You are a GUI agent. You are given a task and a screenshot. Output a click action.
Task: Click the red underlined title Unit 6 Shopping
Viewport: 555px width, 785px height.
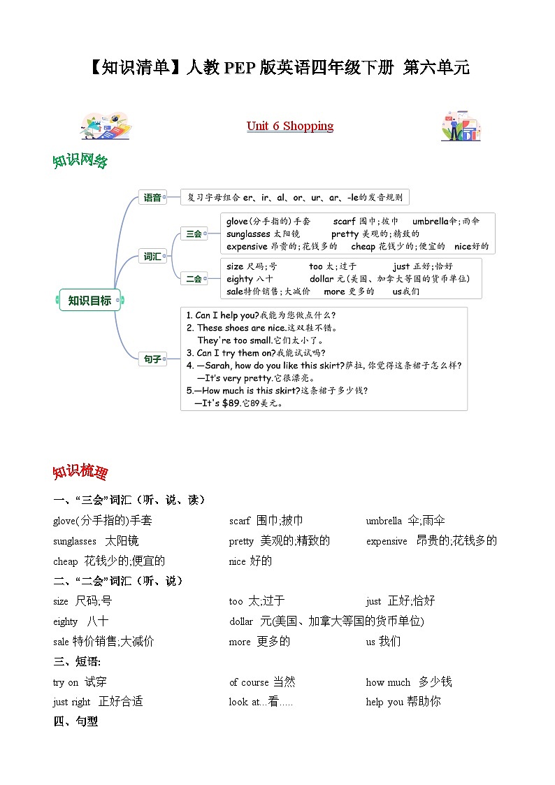(289, 126)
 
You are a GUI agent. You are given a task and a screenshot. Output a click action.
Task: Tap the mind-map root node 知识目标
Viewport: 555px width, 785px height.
(89, 301)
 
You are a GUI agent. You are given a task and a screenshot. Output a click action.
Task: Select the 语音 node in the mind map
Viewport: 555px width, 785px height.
(152, 198)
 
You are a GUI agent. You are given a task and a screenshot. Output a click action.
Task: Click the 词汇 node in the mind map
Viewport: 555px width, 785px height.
(152, 257)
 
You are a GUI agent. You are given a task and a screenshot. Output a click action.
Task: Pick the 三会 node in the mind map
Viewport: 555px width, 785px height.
(194, 234)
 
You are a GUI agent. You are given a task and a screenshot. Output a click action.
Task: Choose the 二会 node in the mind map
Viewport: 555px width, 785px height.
(194, 279)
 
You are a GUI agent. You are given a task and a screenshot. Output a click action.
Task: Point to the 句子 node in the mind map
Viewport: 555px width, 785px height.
(152, 359)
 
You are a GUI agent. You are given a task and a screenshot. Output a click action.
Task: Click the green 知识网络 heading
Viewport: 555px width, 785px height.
(80, 161)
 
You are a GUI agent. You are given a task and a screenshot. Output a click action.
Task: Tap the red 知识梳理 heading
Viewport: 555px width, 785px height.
(80, 472)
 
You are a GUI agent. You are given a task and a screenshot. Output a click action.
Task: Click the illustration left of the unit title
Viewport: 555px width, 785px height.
(106, 126)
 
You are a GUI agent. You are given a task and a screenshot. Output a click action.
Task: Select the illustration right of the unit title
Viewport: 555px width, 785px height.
(461, 126)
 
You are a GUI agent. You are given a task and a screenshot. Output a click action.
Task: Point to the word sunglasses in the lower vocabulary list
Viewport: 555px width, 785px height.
(74, 541)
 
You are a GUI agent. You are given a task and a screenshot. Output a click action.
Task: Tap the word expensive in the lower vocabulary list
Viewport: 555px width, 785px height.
(386, 541)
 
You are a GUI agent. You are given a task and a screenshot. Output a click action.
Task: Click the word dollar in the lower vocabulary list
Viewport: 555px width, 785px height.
(241, 621)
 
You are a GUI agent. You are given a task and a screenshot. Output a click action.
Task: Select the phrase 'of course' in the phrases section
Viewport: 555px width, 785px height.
(249, 682)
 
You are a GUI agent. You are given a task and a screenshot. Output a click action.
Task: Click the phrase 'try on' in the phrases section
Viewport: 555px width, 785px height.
(66, 682)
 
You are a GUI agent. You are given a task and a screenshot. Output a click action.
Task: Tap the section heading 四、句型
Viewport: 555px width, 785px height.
(75, 721)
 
